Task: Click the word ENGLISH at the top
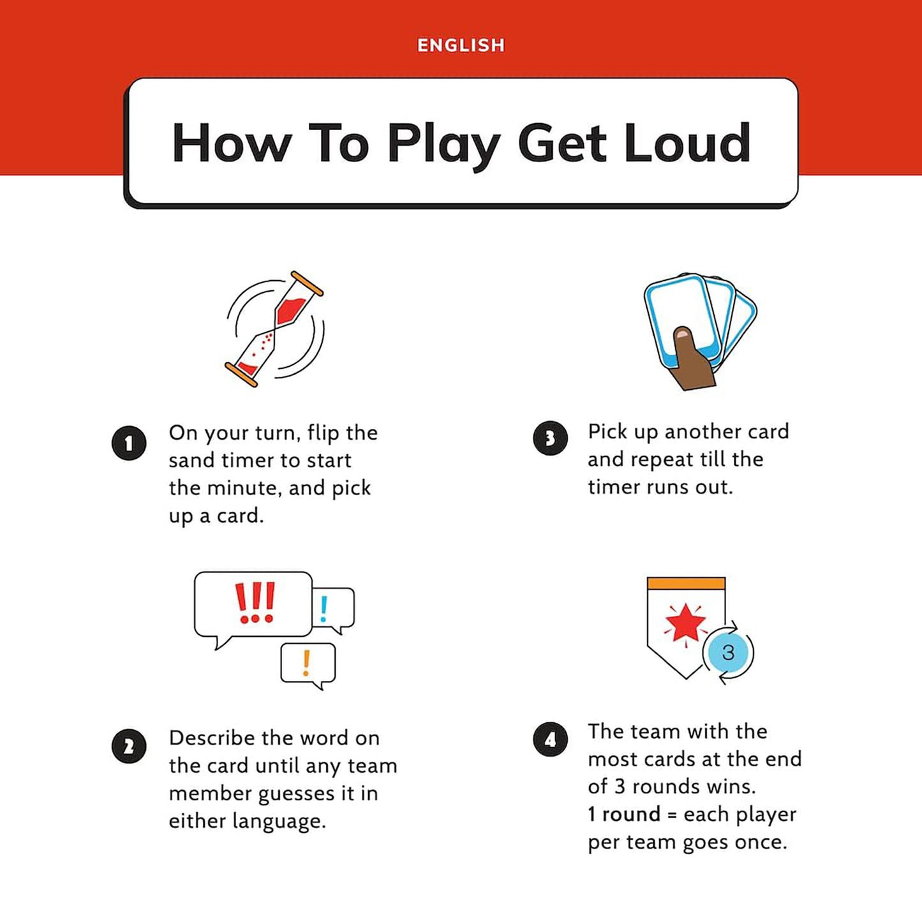(461, 45)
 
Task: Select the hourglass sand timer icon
(274, 329)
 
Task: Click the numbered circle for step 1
(129, 443)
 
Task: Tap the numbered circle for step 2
(129, 747)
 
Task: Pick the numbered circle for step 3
(550, 438)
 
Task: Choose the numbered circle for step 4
(550, 740)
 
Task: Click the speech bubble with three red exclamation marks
(254, 604)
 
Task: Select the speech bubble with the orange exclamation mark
(308, 664)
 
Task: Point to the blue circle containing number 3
(727, 652)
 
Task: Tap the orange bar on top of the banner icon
(686, 583)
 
